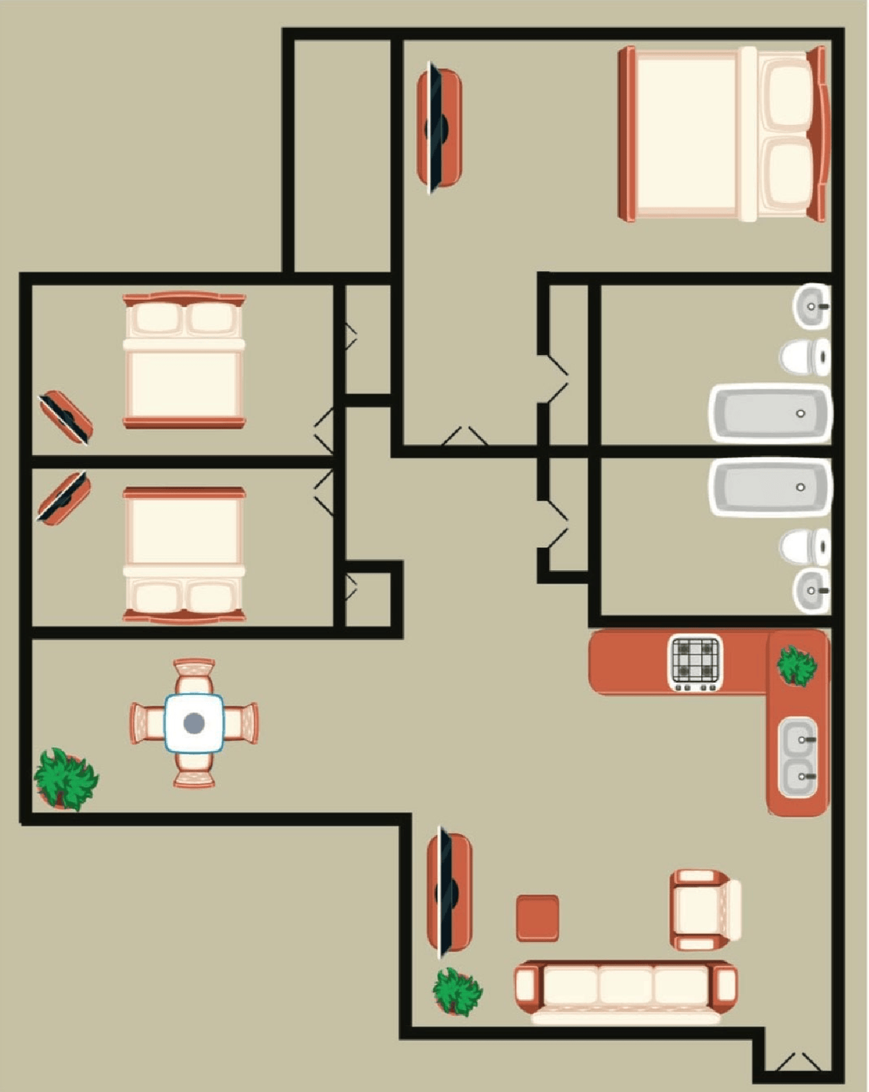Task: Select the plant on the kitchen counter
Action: pos(797,665)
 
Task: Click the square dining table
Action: pos(194,722)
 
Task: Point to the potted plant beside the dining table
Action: pos(66,779)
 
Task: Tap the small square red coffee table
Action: pos(537,918)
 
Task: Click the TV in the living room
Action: pos(448,892)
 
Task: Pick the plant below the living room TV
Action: pos(457,992)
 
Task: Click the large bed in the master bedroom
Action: pos(723,134)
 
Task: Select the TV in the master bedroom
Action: pos(438,128)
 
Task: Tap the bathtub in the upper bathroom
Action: pos(769,414)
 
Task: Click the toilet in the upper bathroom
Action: pos(805,356)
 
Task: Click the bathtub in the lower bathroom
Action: pos(769,487)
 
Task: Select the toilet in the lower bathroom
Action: pos(805,546)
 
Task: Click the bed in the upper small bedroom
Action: pos(184,360)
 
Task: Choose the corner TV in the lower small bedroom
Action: pos(64,497)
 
